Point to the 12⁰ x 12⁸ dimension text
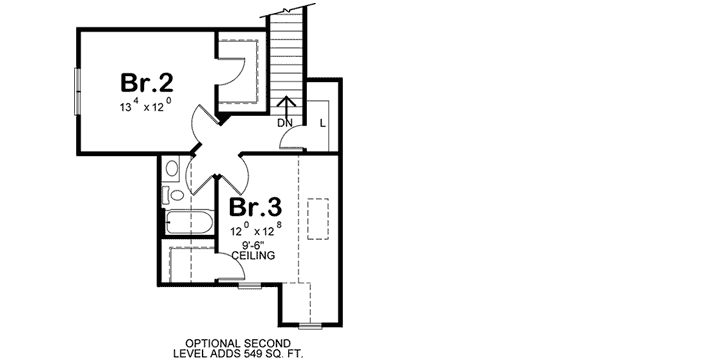[x=255, y=230]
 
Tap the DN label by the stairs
[x=284, y=123]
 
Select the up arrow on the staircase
[x=287, y=105]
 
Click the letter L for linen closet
[x=321, y=123]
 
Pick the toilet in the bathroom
[x=171, y=168]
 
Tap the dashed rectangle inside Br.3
[x=317, y=219]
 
